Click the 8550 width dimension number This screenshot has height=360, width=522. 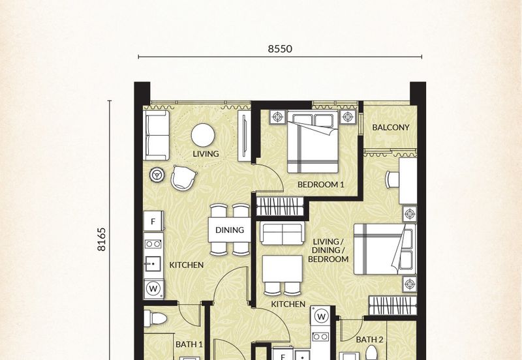click(280, 49)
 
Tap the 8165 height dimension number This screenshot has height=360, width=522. click(102, 239)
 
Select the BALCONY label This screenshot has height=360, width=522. click(390, 127)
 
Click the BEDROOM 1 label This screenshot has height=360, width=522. click(320, 185)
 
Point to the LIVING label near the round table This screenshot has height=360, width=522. click(206, 154)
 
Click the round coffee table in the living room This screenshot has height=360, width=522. click(203, 135)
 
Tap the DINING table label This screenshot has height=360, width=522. click(230, 230)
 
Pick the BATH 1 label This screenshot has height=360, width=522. click(189, 344)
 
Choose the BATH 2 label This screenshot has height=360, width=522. click(369, 340)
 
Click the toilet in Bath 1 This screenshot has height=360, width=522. click(155, 319)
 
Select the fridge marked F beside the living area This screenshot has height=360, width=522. click(153, 221)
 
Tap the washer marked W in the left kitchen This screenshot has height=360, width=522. click(153, 288)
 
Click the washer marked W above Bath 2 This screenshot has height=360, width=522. click(321, 316)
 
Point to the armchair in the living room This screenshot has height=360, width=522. click(183, 177)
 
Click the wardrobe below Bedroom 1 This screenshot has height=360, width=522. click(280, 206)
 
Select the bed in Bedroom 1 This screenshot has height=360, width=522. click(313, 142)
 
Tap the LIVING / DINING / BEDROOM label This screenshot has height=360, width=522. click(328, 250)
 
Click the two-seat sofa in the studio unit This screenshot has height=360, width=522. click(283, 233)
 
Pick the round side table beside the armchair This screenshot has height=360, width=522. click(157, 175)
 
